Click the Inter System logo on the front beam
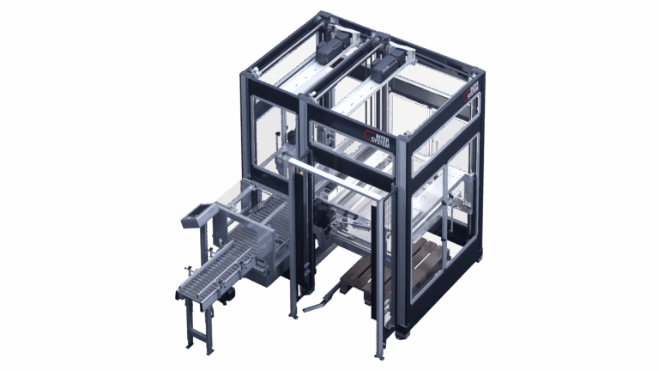click(x=378, y=138)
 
